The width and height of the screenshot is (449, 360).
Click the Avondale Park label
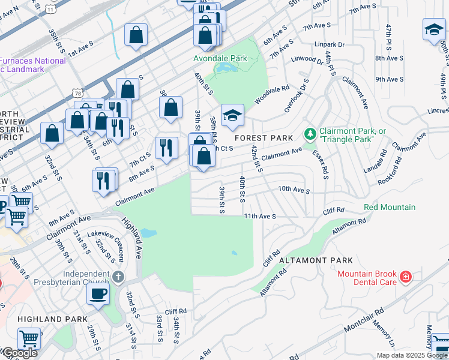coord(220,58)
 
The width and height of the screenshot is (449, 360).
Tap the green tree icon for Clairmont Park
coord(310,133)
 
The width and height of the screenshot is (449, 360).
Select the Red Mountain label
coord(390,208)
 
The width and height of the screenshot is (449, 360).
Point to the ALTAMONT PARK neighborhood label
coord(316,260)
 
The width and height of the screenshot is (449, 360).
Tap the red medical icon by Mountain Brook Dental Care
coord(406,277)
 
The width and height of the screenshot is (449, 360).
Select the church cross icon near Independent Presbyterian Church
coord(119,277)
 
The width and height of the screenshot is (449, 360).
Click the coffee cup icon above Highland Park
coord(98,294)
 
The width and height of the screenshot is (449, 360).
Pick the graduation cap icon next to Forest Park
coord(232,116)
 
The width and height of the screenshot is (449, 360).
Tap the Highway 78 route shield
coord(76,92)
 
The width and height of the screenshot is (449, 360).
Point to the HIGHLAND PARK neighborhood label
coord(45,320)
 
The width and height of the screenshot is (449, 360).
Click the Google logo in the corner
coord(19,353)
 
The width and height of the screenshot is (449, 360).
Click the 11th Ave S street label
coord(259,216)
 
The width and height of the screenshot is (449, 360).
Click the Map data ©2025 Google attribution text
coord(412,355)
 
